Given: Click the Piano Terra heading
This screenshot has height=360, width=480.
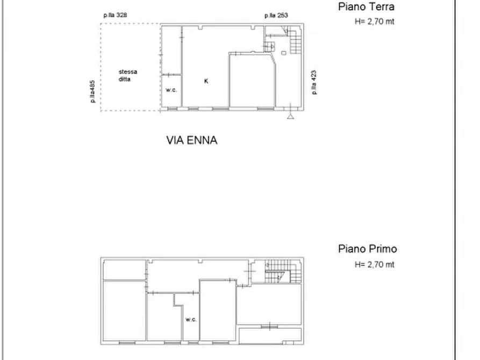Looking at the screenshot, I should pyautogui.click(x=366, y=7).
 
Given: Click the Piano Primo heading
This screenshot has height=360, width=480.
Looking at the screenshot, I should pyautogui.click(x=367, y=249).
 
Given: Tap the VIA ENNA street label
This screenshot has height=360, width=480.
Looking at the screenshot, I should pyautogui.click(x=191, y=141).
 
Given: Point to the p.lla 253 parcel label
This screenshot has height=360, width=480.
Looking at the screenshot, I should pyautogui.click(x=276, y=16).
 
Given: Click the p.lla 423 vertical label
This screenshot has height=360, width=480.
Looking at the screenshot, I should pyautogui.click(x=314, y=82).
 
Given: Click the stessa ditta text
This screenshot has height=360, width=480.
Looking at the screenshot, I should pyautogui.click(x=128, y=75).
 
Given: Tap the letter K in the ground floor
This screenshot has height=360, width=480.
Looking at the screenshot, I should pyautogui.click(x=206, y=81).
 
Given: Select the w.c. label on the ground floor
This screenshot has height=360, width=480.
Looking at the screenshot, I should pyautogui.click(x=171, y=90).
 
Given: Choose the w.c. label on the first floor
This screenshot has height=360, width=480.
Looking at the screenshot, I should pyautogui.click(x=191, y=320).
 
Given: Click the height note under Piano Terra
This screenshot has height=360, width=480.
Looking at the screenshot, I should pyautogui.click(x=375, y=22).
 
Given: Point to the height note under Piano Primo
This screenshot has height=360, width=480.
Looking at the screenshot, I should pyautogui.click(x=375, y=264).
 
